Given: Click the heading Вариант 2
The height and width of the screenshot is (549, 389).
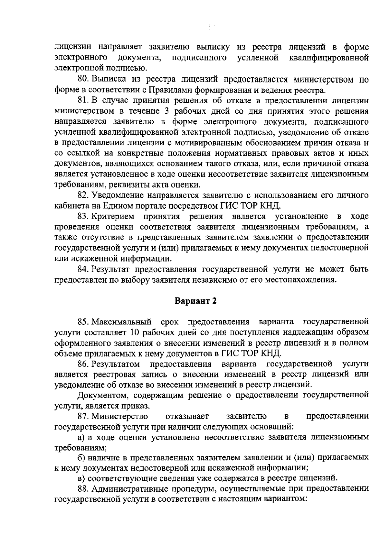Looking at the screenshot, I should pos(195,301).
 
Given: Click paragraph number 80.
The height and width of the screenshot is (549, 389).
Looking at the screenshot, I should pos(84,79).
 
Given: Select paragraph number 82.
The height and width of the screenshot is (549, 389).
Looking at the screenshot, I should pos(84,195).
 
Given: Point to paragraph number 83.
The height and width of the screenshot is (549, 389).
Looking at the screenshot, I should pos(84,216).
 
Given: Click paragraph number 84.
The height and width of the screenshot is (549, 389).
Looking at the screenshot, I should pos(84,269).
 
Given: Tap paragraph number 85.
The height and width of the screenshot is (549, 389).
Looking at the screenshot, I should pos(84,322).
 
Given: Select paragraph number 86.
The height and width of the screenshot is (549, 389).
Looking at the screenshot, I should pos(84,364).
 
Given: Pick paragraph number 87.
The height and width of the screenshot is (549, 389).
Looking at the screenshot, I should pos(84,416).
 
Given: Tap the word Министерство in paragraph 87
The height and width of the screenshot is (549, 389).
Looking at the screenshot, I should pos(120,416).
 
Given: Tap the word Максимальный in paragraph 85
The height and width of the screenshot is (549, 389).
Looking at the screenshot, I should pos(122,322).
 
